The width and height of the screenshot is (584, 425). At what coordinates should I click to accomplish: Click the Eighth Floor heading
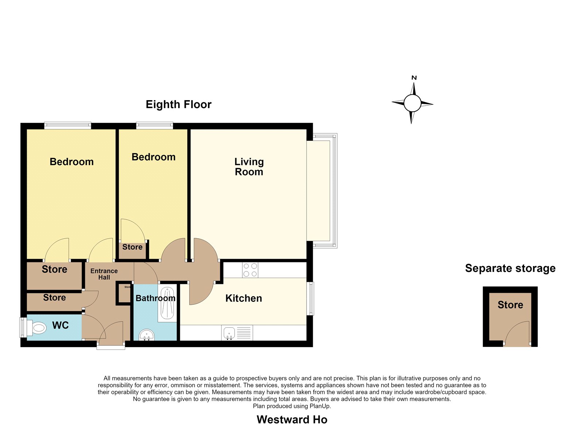(x=178, y=105)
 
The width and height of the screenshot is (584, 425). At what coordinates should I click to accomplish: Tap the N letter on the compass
(x=414, y=78)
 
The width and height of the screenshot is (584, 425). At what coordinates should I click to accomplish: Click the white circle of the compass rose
(x=412, y=103)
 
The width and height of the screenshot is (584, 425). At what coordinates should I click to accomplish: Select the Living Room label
(x=249, y=167)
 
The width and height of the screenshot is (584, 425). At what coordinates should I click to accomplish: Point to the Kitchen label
(x=243, y=299)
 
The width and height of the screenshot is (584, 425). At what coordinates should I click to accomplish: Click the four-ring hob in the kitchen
(x=250, y=270)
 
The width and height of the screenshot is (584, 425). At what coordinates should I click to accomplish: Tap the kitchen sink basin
(x=229, y=333)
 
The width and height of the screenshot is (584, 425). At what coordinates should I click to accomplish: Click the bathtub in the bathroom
(x=167, y=305)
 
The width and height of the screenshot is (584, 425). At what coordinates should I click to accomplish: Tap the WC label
(x=61, y=326)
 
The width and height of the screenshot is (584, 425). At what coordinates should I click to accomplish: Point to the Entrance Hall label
(x=104, y=274)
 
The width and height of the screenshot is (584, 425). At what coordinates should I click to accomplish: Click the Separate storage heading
(x=510, y=268)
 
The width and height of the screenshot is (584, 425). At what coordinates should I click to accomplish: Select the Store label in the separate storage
(x=510, y=305)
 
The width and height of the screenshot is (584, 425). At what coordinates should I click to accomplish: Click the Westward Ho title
(x=292, y=420)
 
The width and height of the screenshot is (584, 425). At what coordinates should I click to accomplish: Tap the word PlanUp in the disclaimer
(x=320, y=406)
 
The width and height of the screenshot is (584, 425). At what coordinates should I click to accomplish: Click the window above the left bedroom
(x=68, y=126)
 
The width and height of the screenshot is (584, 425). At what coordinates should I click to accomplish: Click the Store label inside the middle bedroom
(x=132, y=247)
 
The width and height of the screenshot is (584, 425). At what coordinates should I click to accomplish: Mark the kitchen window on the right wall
(x=310, y=299)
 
